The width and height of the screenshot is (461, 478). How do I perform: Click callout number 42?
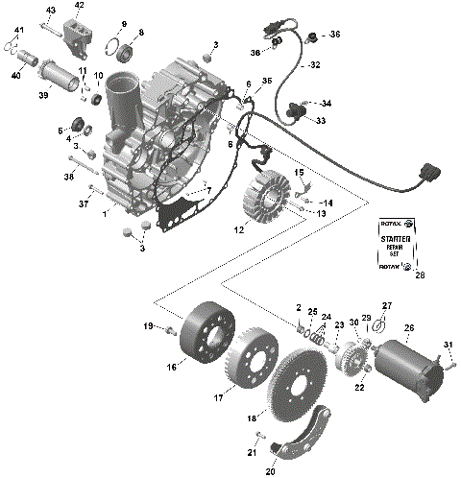pos(79,5)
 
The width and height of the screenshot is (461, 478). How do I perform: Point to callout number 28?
pos(419,275)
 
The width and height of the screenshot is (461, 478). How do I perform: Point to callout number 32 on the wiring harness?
pos(313,66)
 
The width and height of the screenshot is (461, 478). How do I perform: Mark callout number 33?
pos(320,121)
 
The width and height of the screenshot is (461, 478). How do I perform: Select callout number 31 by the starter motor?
pos(447,346)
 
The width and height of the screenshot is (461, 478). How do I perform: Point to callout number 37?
pos(82,203)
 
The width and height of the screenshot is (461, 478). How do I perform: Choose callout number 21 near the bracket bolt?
pos(250,453)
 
